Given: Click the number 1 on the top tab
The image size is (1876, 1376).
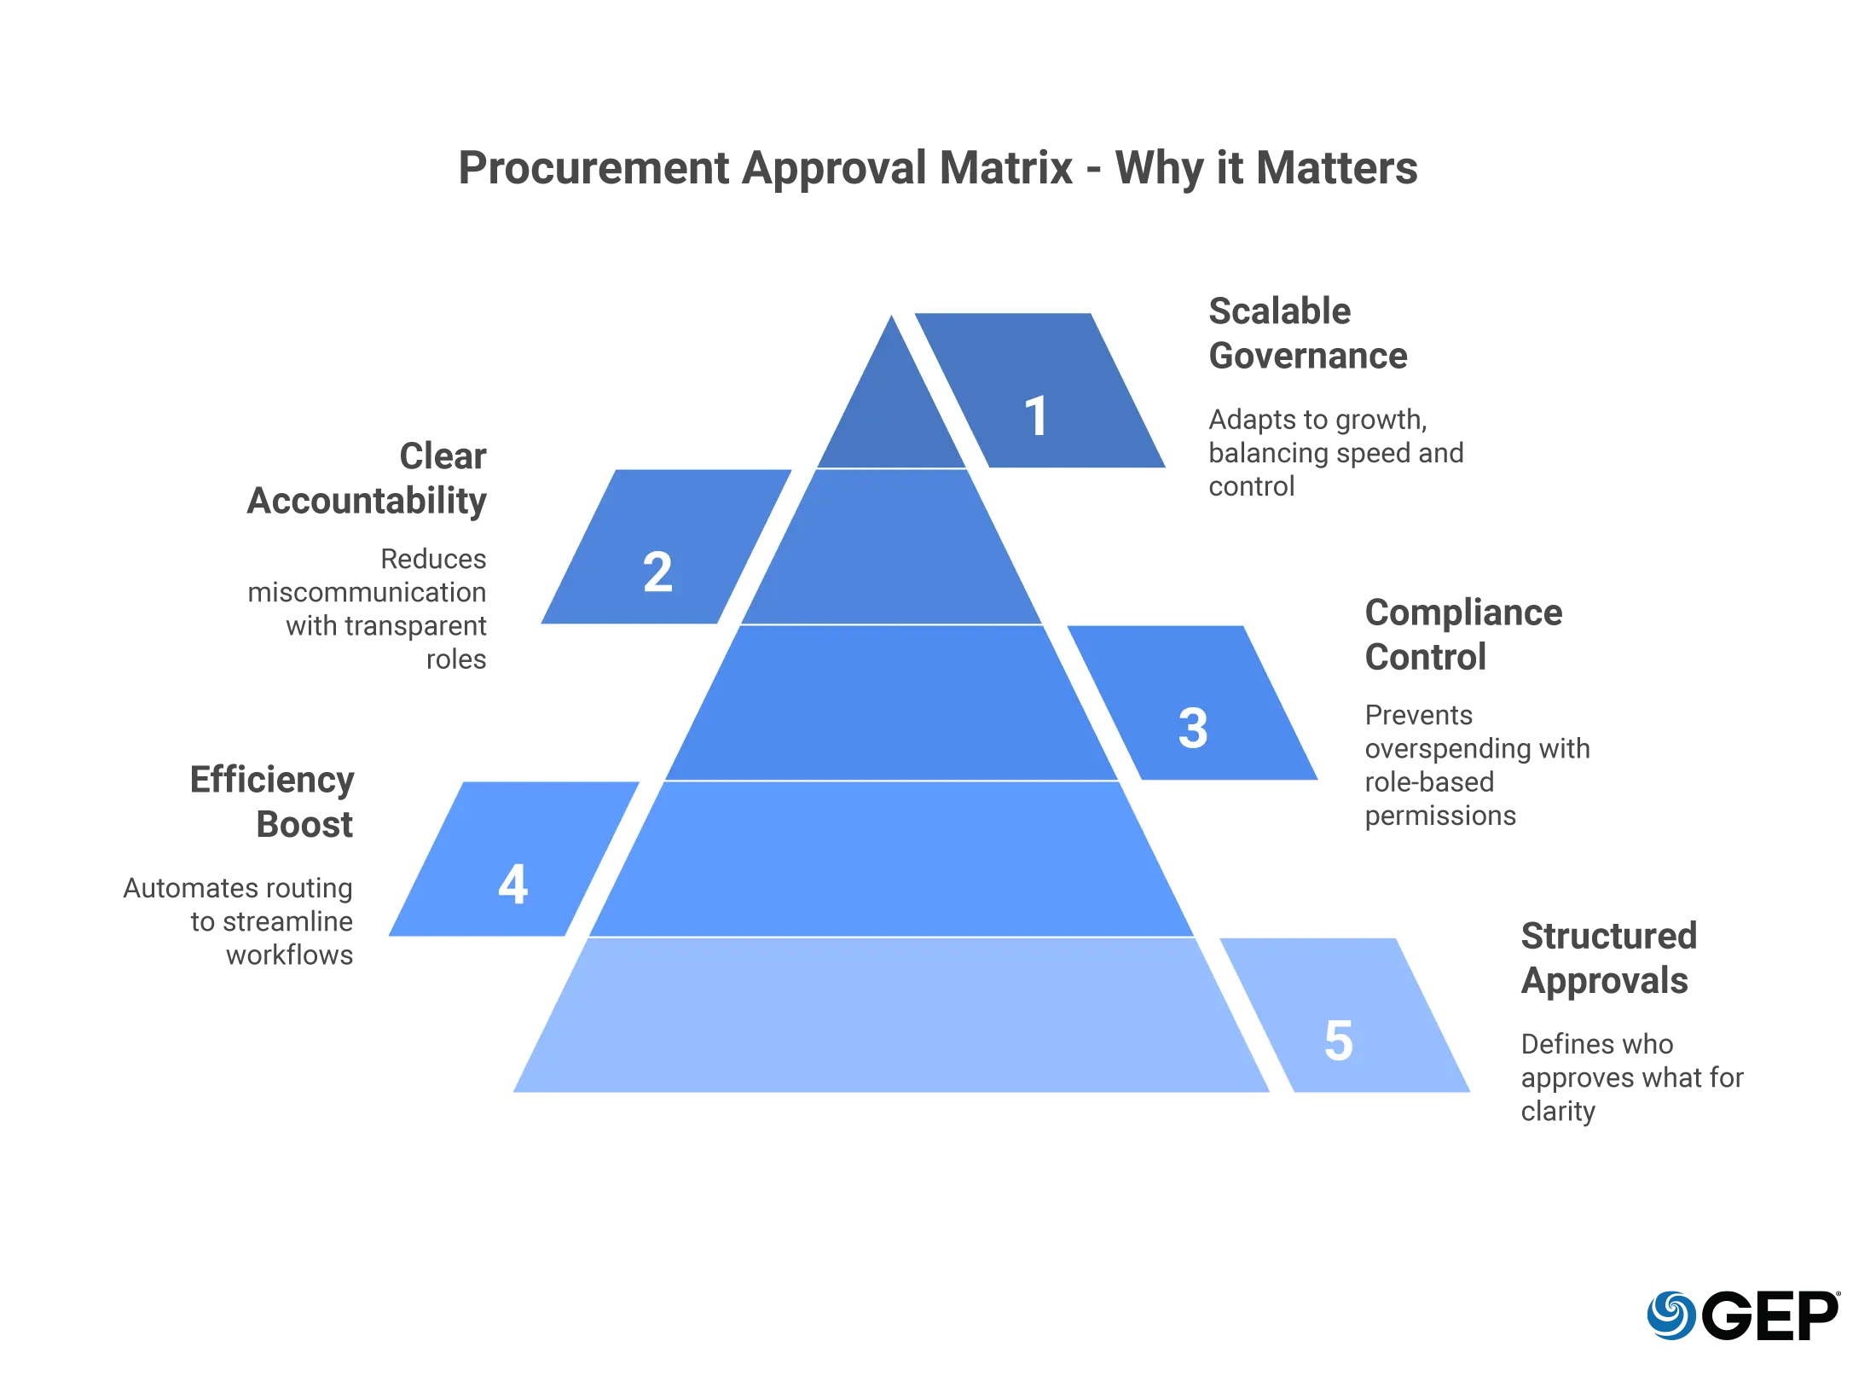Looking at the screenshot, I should pyautogui.click(x=1036, y=415).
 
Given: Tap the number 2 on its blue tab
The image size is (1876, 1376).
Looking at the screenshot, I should pyautogui.click(x=657, y=572).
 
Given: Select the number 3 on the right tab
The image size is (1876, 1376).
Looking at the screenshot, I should pyautogui.click(x=1193, y=728).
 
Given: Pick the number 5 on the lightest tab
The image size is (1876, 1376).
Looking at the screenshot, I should pyautogui.click(x=1339, y=1040).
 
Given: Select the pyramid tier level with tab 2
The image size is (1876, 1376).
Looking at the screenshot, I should pyautogui.click(x=891, y=546).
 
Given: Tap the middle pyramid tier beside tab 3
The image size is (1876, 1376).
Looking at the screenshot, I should pyautogui.click(x=891, y=702).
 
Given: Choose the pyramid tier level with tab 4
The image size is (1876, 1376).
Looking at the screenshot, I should pyautogui.click(x=891, y=858).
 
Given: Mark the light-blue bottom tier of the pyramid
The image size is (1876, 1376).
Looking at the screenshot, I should pyautogui.click(x=891, y=1014).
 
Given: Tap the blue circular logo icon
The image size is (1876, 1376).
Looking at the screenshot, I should pyautogui.click(x=1669, y=1315).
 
